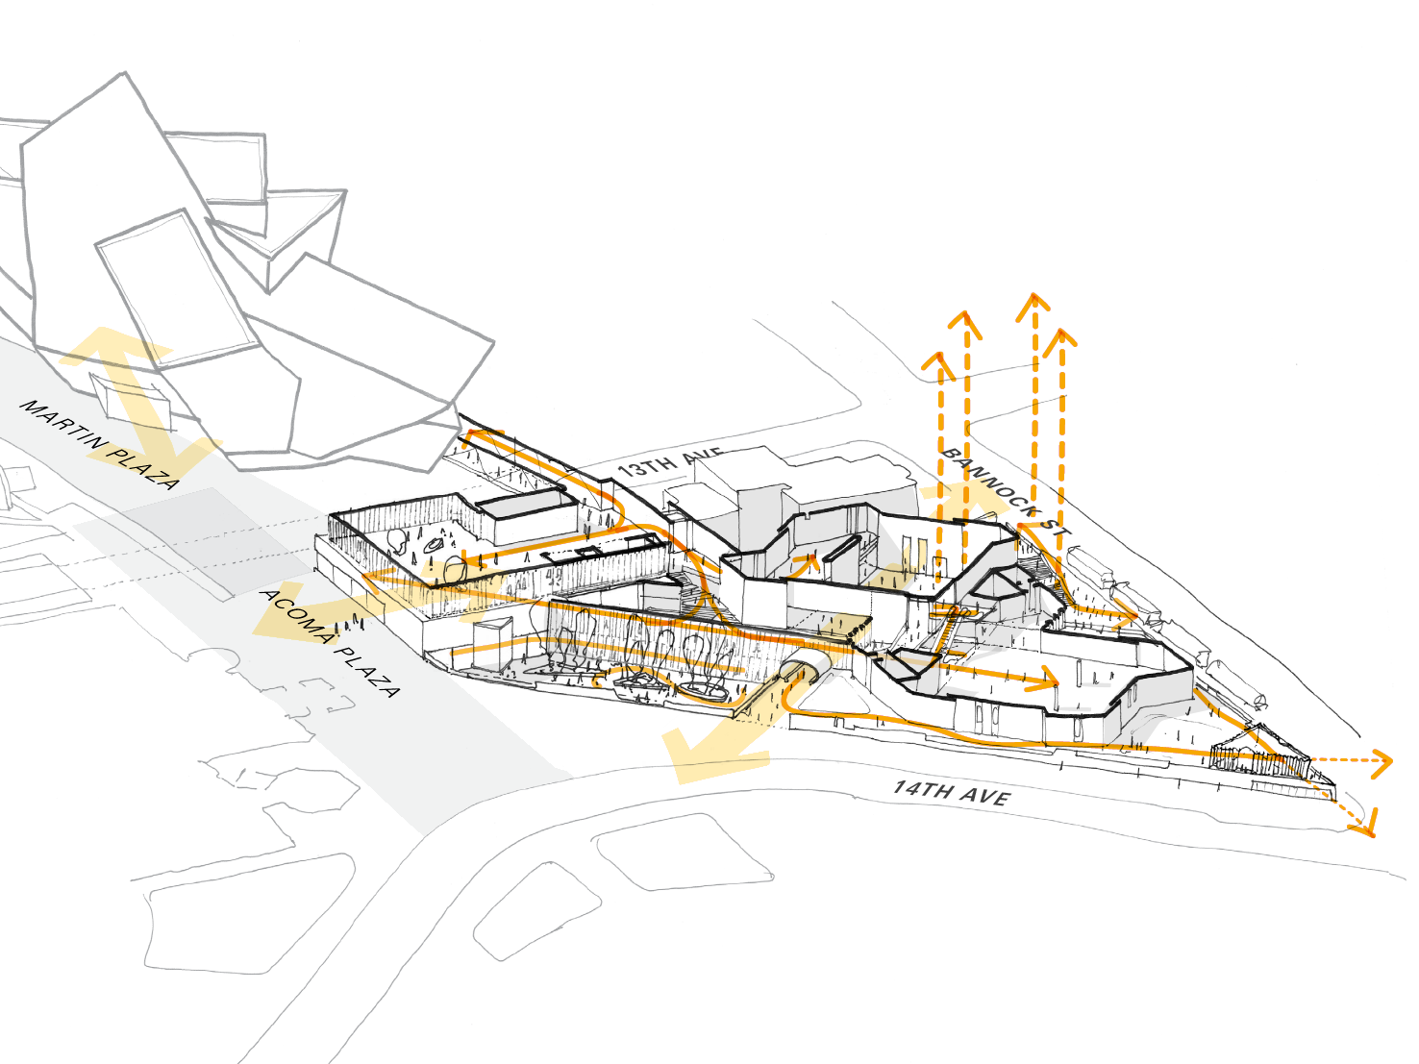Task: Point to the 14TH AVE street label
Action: point(951,793)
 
